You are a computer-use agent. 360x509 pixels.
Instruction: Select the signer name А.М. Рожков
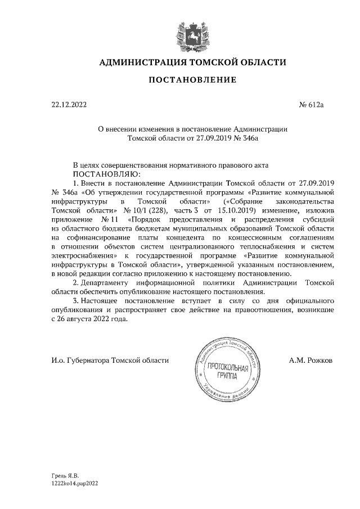[x=310, y=359]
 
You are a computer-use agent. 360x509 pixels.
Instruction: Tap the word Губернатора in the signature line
[x=88, y=359]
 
